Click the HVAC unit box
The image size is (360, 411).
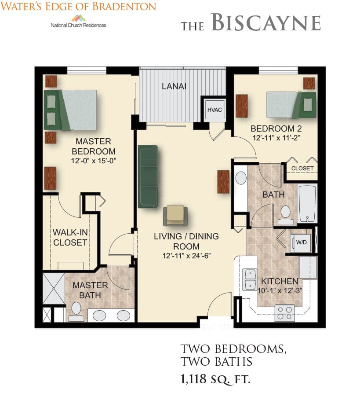[215, 110]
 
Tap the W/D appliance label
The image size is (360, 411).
[301, 242]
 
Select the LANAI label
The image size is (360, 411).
[174, 86]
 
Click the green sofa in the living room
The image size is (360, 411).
[148, 176]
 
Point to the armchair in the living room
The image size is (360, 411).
[175, 216]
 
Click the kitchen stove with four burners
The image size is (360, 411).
[284, 313]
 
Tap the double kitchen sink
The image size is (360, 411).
[250, 279]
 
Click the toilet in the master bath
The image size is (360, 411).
[76, 312]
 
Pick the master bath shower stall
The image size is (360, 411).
[54, 289]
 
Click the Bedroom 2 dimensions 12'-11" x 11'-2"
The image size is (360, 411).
[276, 138]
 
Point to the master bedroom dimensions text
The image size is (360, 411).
[94, 161]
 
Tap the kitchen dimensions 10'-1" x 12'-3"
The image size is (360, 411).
[280, 290]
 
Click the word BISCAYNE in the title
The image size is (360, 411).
[266, 22]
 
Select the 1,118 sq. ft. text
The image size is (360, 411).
[215, 379]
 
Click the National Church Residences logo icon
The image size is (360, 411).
[79, 18]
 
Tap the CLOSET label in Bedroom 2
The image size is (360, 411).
[302, 168]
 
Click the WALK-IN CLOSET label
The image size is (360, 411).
[70, 238]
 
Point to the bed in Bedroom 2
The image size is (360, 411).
[291, 105]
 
